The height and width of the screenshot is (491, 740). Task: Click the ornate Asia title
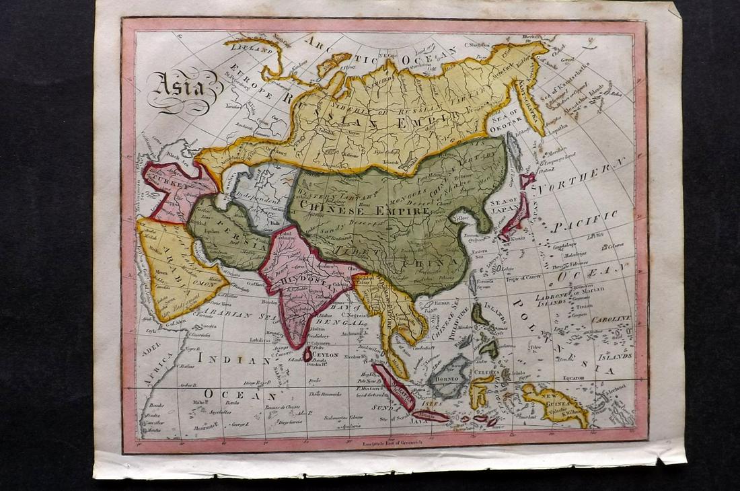pos(177,86)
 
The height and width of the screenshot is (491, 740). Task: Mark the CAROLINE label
pos(612,317)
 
